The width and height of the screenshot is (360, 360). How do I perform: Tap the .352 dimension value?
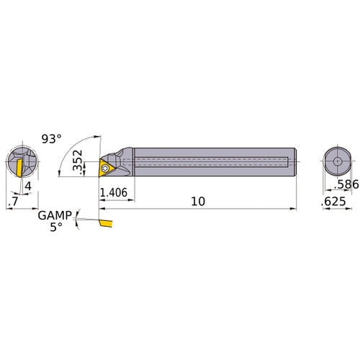tap(79, 160)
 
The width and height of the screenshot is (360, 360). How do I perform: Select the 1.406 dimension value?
tap(115, 192)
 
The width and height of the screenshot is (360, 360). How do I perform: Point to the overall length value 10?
tap(199, 201)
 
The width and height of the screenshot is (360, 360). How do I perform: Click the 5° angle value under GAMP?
tap(56, 226)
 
